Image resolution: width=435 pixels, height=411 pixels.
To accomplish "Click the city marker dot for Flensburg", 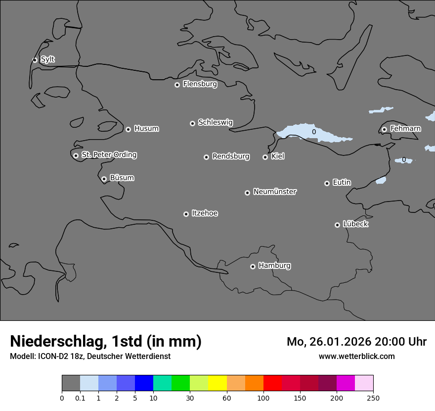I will (177, 85).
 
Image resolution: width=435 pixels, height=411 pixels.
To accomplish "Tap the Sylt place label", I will (47, 59).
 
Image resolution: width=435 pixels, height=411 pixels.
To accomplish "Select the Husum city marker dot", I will (128, 129).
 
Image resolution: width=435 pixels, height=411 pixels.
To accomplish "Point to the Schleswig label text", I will (215, 122).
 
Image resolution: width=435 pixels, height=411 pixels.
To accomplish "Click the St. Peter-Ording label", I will (109, 155).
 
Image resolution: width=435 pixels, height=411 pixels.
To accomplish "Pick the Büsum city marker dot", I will (104, 179).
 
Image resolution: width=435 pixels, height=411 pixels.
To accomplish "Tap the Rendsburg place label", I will (230, 156).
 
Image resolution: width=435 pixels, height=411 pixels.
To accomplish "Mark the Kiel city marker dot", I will (265, 157).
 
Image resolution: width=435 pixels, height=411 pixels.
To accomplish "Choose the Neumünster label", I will (274, 192).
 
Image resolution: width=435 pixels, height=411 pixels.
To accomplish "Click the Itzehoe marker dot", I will (186, 214).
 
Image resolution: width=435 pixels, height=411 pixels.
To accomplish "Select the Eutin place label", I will (342, 183).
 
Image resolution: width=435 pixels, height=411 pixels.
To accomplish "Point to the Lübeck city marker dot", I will (337, 225).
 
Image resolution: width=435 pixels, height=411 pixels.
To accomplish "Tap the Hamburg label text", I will (274, 266).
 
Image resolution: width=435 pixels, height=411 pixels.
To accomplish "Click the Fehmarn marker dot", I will (384, 129).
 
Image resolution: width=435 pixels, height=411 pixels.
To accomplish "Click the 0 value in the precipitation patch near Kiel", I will (313, 132).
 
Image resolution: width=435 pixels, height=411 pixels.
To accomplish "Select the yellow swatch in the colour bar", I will (217, 383).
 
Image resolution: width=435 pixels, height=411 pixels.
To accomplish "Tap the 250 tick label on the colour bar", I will (373, 398).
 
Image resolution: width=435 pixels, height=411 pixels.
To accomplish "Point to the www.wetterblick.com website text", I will (356, 356).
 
